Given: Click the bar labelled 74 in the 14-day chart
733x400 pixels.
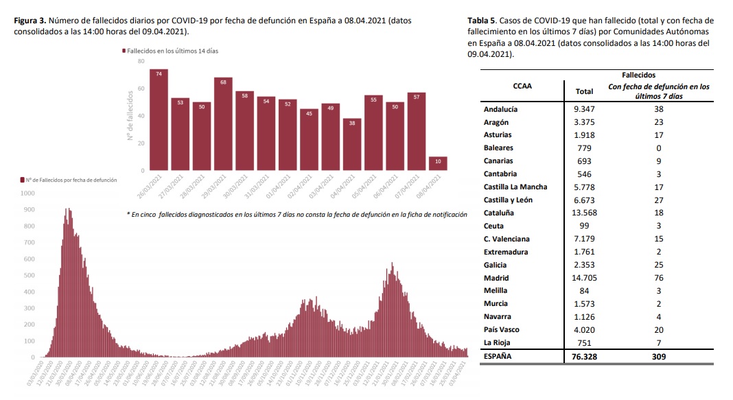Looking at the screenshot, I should pyautogui.click(x=159, y=119).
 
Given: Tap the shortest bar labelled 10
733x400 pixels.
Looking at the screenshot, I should pyautogui.click(x=437, y=163).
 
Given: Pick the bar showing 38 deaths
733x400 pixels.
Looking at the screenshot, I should pyautogui.click(x=351, y=144).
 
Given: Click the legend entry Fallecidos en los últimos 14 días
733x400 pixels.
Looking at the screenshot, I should pyautogui.click(x=174, y=51).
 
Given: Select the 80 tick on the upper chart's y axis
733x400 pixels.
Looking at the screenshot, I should pyautogui.click(x=141, y=61).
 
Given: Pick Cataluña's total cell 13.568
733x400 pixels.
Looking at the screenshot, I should pyautogui.click(x=584, y=213).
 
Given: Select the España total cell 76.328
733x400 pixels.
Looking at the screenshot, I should pyautogui.click(x=584, y=356).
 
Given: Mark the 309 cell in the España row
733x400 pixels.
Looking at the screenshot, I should pyautogui.click(x=658, y=356).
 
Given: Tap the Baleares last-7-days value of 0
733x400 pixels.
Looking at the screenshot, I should pyautogui.click(x=658, y=148).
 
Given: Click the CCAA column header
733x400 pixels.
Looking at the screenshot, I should pyautogui.click(x=522, y=86).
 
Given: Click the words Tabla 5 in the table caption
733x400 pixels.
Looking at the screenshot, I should pyautogui.click(x=484, y=21).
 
